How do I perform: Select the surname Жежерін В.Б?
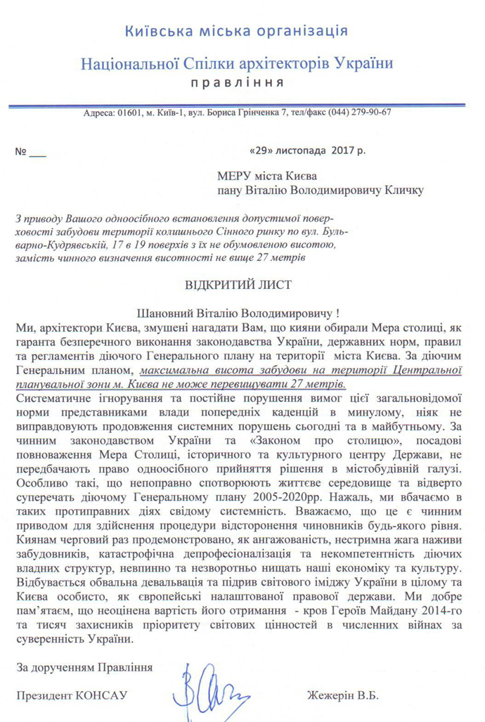pos(342,695)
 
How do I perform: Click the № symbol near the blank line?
pos(20,150)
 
